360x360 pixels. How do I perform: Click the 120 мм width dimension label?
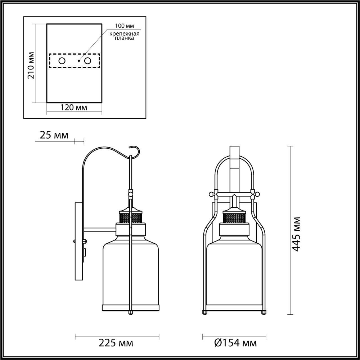pos(74,107)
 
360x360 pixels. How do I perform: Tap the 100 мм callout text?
pos(124,26)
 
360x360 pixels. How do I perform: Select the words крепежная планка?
pos(124,36)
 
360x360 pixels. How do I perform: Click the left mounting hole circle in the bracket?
pos(62,61)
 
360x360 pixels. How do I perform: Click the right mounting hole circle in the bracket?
pos(88,61)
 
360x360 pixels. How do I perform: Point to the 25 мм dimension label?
pos(54,135)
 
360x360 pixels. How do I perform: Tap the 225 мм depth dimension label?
pos(116,343)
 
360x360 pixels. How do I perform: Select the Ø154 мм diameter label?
pos(235,343)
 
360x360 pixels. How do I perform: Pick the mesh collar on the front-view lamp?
pos(235,218)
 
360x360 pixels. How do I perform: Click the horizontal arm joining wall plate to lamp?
pos(100,230)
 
